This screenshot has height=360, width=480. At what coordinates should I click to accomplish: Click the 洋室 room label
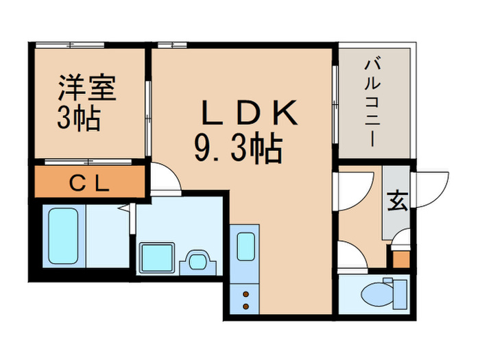coord(86,89)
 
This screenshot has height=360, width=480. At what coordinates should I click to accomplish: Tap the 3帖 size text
coord(79,119)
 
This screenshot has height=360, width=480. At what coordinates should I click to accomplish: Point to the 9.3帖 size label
coord(239,147)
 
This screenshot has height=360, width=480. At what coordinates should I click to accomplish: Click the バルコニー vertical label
coord(373,103)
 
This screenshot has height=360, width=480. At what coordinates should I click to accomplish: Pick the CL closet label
coord(88,184)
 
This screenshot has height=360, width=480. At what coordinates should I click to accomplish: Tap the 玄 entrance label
coord(396,202)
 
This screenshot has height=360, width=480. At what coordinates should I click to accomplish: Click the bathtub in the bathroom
coord(64,237)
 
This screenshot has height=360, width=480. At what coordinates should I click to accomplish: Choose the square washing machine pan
coord(157,259)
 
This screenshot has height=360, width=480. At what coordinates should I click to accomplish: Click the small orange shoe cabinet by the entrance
coord(399,259)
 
